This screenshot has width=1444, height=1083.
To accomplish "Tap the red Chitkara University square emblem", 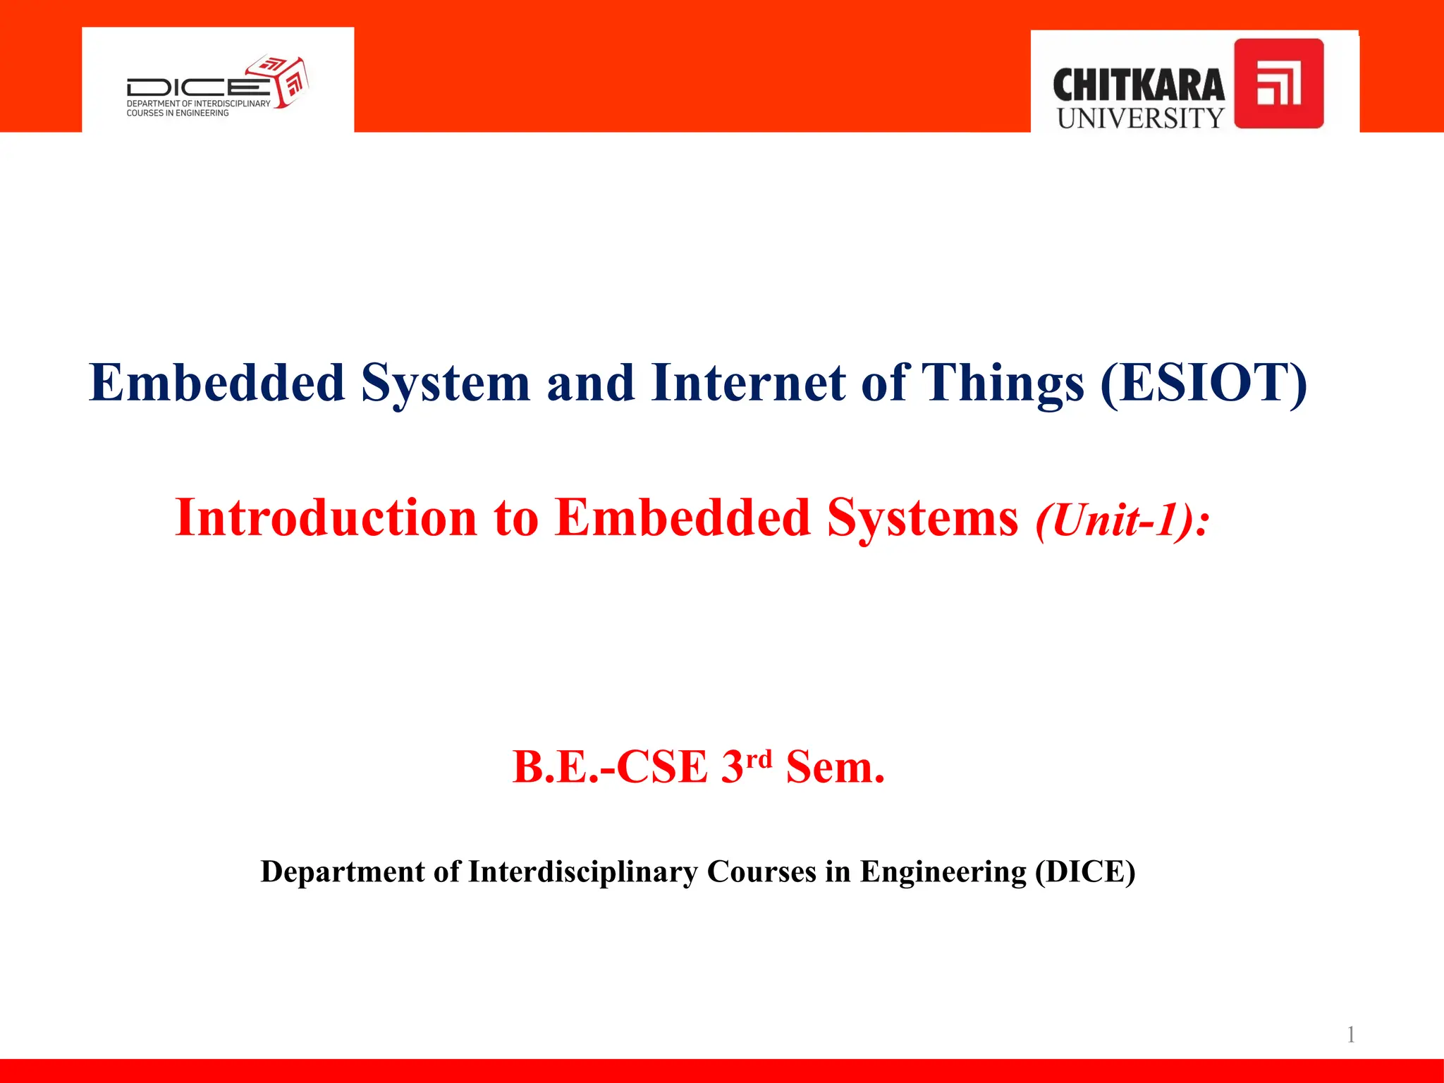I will (1278, 83).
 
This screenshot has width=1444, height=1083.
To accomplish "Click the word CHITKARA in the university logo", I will (1138, 85).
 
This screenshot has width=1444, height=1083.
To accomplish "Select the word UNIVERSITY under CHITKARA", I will (1140, 118).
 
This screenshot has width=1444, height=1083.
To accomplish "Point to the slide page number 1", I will (1350, 1034).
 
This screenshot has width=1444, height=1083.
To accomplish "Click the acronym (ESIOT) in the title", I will (1203, 383).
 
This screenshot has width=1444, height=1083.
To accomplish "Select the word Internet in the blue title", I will (747, 383).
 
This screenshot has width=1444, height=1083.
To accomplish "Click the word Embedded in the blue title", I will (216, 383).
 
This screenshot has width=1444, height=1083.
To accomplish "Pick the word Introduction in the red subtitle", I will (326, 518).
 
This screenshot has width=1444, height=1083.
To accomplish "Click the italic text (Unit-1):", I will (1122, 520).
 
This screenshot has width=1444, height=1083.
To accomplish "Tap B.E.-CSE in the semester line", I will (609, 767).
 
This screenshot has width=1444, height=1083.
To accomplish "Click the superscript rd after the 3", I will (759, 759).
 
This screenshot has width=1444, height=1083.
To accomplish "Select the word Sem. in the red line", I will (835, 767).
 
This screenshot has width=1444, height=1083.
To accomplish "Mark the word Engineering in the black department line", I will (943, 873).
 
